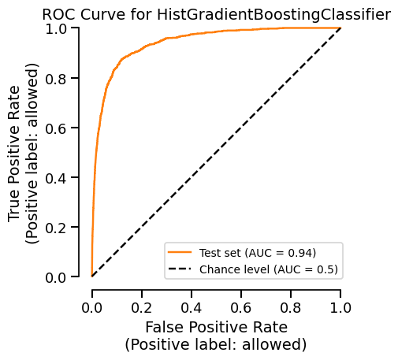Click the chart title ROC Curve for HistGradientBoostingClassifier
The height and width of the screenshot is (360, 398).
point(216,14)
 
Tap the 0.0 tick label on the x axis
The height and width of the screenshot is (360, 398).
point(92,307)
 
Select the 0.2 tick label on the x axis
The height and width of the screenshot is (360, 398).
point(142,307)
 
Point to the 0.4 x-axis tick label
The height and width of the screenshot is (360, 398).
point(192,307)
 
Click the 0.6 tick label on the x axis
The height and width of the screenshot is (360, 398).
point(241,307)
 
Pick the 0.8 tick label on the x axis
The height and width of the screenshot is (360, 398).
point(291,307)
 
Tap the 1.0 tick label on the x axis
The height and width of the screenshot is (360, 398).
point(340,307)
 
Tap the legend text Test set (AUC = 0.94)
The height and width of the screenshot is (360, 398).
point(258,253)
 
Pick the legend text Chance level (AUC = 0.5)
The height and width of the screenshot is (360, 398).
point(269,269)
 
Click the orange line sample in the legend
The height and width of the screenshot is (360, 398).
point(180,253)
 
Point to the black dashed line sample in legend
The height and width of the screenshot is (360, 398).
point(180,269)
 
